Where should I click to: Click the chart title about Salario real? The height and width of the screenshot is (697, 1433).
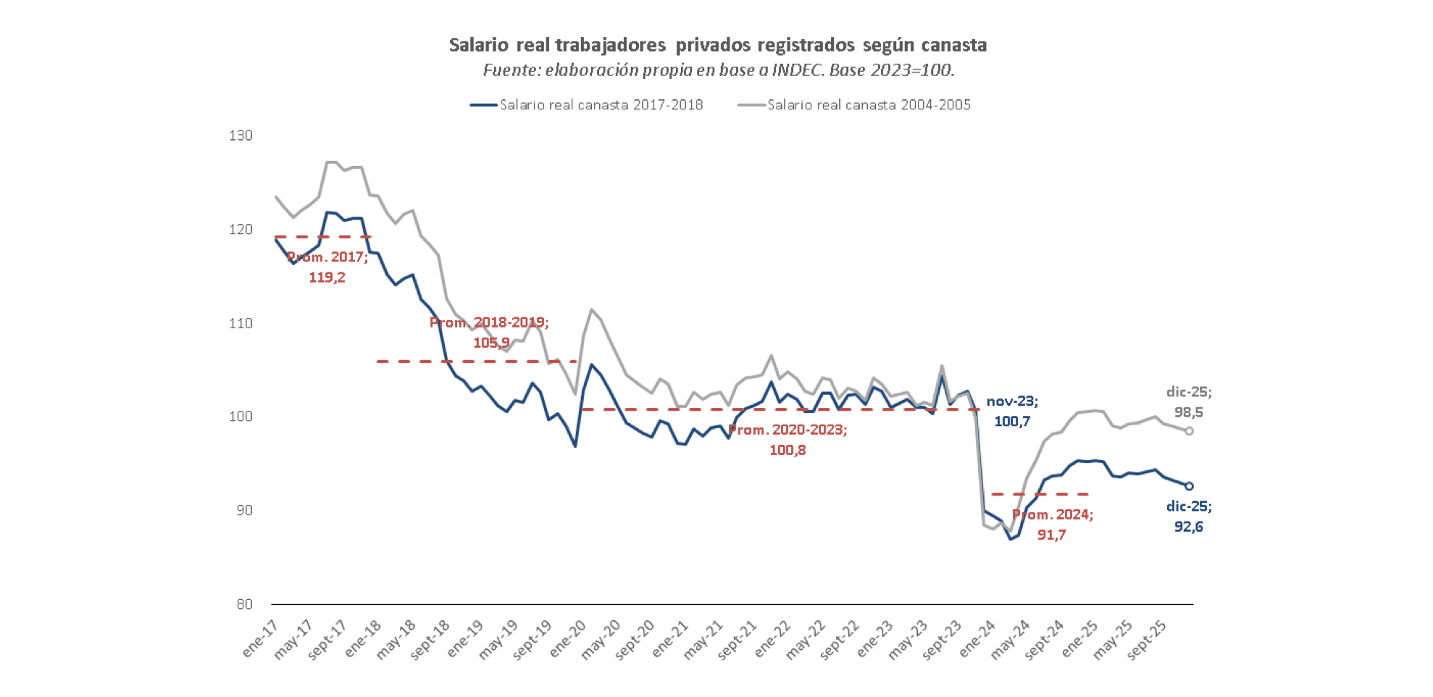pos(717,45)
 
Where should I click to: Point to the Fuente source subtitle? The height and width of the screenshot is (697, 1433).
pos(718,70)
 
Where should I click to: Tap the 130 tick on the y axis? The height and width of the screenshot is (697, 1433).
pos(241,135)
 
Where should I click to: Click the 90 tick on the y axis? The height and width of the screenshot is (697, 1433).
pos(244,510)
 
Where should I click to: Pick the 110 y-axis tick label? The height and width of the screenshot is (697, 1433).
pos(241,323)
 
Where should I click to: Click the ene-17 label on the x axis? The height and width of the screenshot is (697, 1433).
pos(260,639)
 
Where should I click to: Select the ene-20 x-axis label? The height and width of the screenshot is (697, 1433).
pos(567,639)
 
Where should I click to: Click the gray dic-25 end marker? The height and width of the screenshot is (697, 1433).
pos(1189,431)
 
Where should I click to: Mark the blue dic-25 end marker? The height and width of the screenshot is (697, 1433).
pos(1189,486)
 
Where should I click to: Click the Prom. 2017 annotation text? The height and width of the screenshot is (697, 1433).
pos(327,267)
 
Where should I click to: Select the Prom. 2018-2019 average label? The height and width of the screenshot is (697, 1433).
pos(490,333)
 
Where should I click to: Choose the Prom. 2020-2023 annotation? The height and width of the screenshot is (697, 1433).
pos(787,440)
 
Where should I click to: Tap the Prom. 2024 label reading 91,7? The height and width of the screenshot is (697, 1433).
pos(1052,525)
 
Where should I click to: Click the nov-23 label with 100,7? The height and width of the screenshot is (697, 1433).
pos(1012,412)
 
